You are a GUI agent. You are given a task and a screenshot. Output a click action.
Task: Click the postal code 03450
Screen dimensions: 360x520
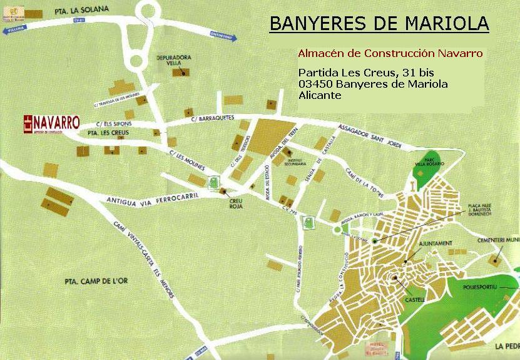click(316, 85)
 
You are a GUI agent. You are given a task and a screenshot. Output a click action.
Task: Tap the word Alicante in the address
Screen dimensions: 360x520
click(320, 96)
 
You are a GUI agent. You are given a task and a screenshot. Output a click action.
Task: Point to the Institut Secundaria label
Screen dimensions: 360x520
click(296, 162)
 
